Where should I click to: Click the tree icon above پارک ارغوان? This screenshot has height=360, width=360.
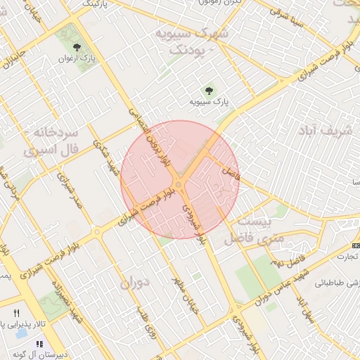click(87, 48)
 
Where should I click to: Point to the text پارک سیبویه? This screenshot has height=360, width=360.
click(209, 102)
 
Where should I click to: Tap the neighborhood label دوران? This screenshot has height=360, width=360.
click(136, 282)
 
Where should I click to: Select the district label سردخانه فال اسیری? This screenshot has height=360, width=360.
click(50, 141)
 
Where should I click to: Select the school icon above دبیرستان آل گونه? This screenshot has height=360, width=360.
click(39, 344)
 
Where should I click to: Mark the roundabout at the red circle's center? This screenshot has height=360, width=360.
click(179, 185)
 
